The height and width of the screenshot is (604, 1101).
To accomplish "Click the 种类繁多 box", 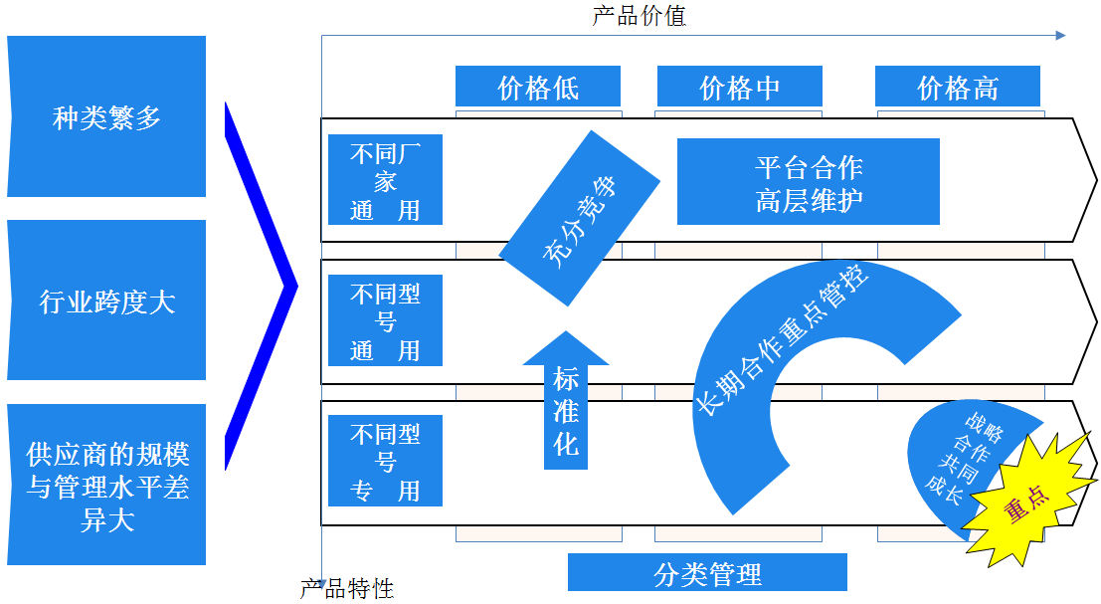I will [x=106, y=116].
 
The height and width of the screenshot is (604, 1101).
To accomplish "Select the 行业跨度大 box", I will [x=106, y=301].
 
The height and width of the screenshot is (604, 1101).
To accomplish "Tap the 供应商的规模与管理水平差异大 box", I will [x=106, y=485].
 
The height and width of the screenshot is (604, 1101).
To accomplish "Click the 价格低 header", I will [x=538, y=87].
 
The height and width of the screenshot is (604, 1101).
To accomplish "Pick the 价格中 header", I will [x=739, y=87].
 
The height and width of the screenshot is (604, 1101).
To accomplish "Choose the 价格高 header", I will [x=957, y=87].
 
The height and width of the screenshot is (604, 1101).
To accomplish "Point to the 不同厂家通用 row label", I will [x=385, y=180].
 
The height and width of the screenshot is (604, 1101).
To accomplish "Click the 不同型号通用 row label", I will [x=385, y=320].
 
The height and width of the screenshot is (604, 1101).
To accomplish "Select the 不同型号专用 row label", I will [x=385, y=461].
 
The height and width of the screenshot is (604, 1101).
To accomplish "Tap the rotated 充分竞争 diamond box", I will [x=579, y=218].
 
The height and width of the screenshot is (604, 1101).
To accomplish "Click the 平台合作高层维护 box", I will [x=808, y=182].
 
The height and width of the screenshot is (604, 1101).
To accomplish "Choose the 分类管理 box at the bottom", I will [x=707, y=573].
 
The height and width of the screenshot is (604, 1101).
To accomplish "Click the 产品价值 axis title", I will [x=640, y=15].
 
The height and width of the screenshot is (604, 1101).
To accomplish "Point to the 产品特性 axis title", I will [x=347, y=589].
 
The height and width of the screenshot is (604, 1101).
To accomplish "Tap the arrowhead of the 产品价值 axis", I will [x=1060, y=35].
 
